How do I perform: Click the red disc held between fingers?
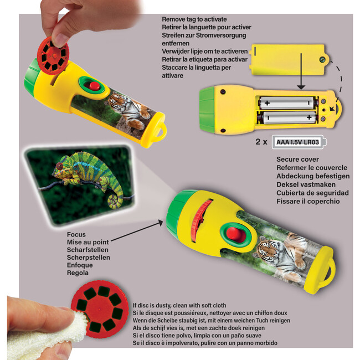click(53, 56)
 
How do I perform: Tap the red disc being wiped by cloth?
click(100, 309)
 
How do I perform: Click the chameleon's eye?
click(59, 165)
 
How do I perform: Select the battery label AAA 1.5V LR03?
click(298, 142)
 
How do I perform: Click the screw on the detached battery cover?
click(322, 60)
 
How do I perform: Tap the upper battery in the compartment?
click(287, 103)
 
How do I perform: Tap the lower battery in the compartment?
click(287, 117)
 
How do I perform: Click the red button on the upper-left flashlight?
click(94, 86)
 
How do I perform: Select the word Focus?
click(76, 234)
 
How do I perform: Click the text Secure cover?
click(297, 160)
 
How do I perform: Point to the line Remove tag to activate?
click(194, 19)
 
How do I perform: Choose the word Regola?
click(78, 272)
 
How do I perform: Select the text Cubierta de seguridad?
click(312, 193)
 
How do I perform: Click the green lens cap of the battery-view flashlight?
click(207, 110)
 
